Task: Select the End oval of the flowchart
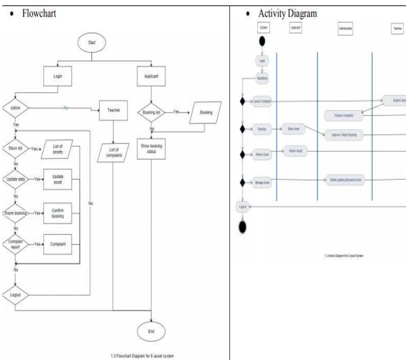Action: (151, 331)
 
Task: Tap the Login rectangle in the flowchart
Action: (57, 77)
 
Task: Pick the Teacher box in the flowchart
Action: (114, 111)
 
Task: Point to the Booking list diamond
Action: (151, 112)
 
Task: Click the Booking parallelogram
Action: (205, 113)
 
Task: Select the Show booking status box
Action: (151, 149)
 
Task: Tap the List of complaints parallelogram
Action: (113, 153)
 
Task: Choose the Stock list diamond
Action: (15, 149)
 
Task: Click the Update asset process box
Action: (57, 179)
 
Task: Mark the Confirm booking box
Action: (57, 213)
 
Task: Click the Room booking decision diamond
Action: (15, 213)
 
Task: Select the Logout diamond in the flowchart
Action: (15, 295)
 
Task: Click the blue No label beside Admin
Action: (65, 107)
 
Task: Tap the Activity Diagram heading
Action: (287, 14)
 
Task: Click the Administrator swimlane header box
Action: (345, 29)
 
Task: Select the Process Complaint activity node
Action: (344, 115)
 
